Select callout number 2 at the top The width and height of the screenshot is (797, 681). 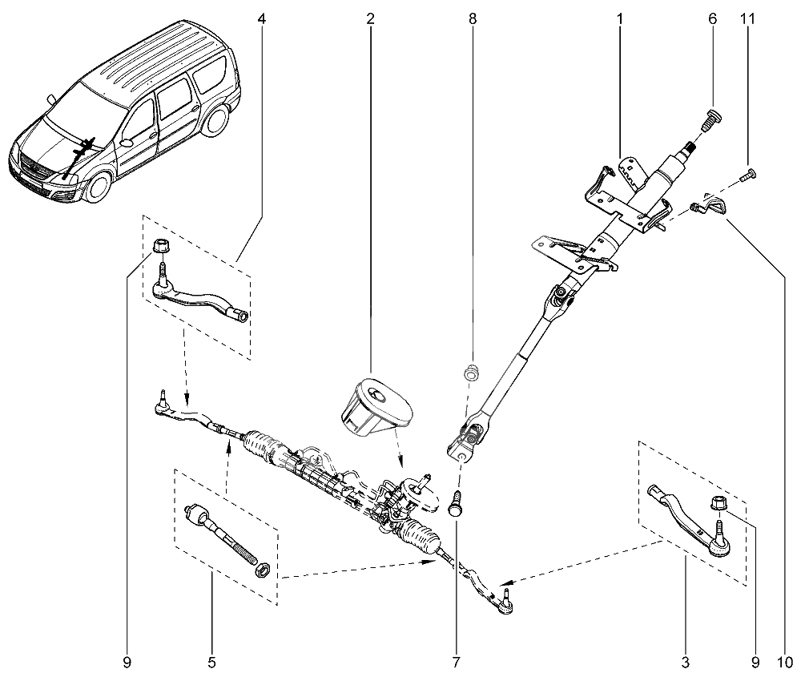[370, 18]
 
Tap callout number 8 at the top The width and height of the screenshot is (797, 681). [473, 18]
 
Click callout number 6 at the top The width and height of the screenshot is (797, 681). [712, 18]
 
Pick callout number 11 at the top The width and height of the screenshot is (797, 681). [751, 18]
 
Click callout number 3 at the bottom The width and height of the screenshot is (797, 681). [685, 663]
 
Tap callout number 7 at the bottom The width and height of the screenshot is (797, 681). [456, 663]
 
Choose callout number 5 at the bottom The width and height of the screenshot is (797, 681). [211, 663]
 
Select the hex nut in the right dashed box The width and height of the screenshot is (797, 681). [719, 505]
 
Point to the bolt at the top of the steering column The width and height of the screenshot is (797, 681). [711, 119]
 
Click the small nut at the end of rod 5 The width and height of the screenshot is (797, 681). [260, 570]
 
